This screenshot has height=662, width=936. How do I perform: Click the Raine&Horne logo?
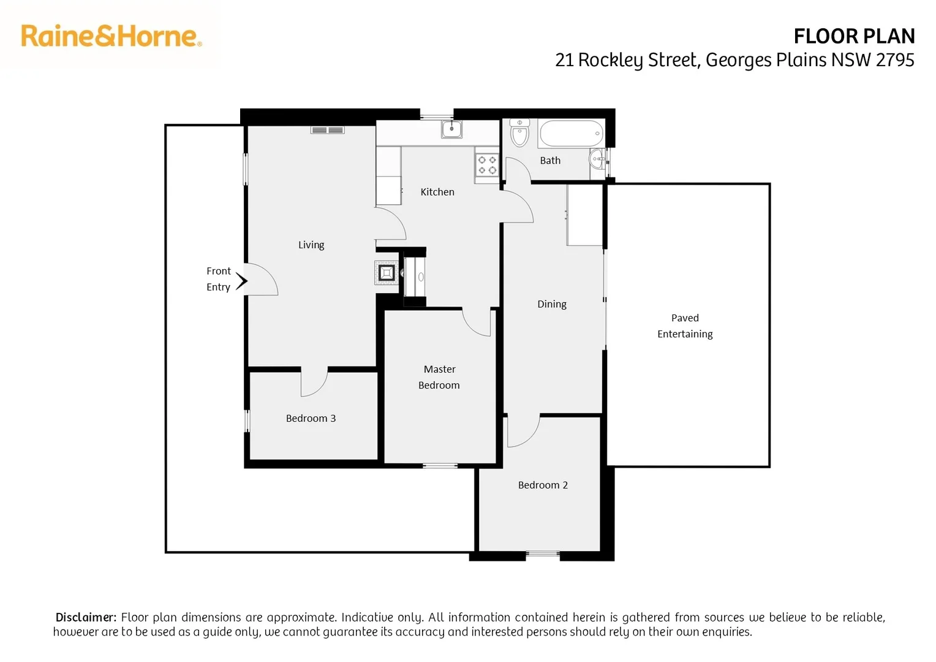coord(111,36)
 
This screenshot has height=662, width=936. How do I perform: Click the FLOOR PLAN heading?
coord(853,37)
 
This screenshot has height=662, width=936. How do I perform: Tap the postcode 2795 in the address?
coord(895,60)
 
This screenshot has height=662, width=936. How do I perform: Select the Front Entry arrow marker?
coord(242,281)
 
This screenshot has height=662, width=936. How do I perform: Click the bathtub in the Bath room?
coord(571,133)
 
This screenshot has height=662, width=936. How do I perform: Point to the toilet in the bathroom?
coord(519,133)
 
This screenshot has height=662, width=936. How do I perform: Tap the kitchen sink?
coord(452,129)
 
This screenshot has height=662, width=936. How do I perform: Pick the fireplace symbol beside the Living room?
coord(387,272)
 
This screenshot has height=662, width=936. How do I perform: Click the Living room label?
coord(311,245)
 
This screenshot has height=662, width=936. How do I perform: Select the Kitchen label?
coord(437,192)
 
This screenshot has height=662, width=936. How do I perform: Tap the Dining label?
coord(551,304)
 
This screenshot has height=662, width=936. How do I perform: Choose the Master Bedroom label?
coord(439,377)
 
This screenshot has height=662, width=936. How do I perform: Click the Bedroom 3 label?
coord(311,418)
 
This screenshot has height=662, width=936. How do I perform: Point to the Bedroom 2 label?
coord(543,485)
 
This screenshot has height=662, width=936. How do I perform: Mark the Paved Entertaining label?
coord(685,325)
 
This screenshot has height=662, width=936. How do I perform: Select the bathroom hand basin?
coord(597,159)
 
